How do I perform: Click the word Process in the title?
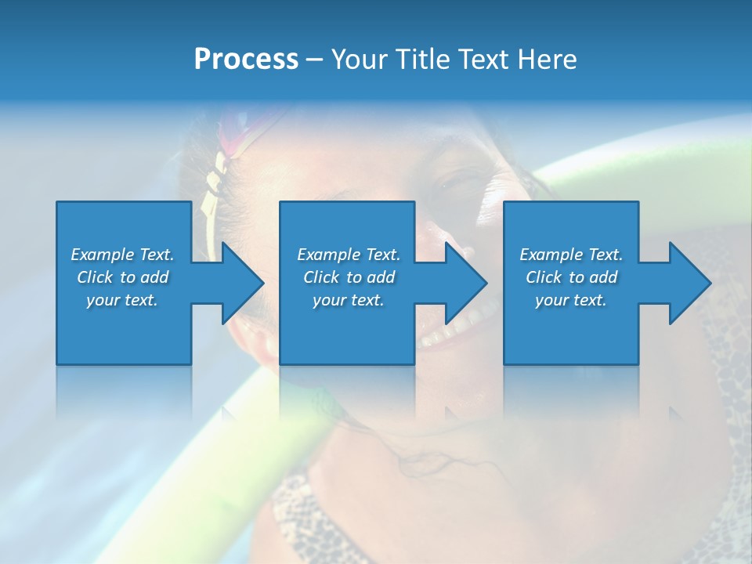(x=246, y=60)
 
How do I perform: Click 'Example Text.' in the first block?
(x=122, y=255)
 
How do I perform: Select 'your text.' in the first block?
(x=122, y=300)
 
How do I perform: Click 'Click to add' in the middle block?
(x=349, y=277)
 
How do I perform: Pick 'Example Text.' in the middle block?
(x=349, y=255)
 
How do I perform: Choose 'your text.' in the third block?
(x=571, y=300)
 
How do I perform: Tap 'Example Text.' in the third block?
(x=571, y=255)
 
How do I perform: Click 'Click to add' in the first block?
(x=122, y=277)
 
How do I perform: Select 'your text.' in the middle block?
(x=349, y=300)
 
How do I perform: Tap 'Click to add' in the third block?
(x=571, y=277)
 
